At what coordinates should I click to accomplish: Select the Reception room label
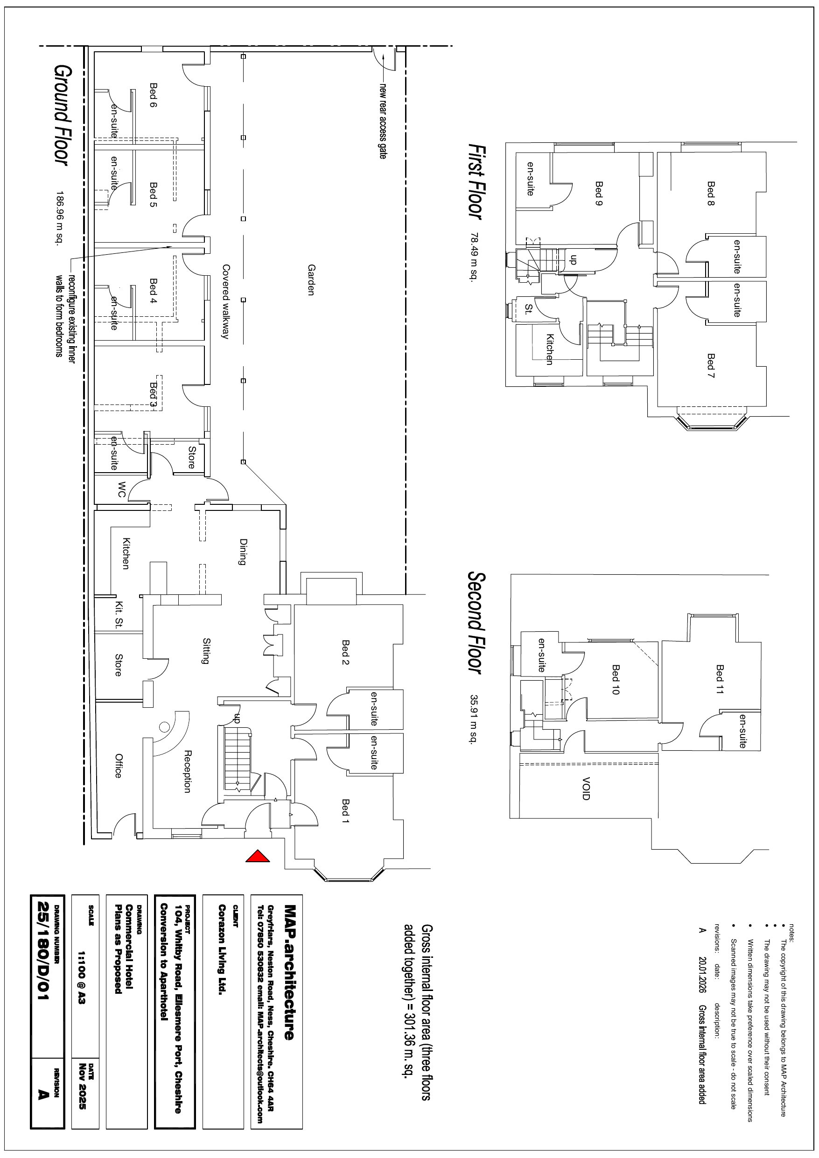[x=187, y=771]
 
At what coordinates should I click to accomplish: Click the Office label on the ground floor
[x=118, y=766]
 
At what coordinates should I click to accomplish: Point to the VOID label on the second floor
[x=585, y=788]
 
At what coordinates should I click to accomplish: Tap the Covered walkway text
[x=225, y=301]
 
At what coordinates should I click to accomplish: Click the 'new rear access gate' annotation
[x=383, y=121]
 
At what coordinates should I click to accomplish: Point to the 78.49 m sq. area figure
[x=474, y=257]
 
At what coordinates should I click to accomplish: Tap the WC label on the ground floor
[x=121, y=489]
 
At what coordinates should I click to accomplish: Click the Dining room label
[x=243, y=552]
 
